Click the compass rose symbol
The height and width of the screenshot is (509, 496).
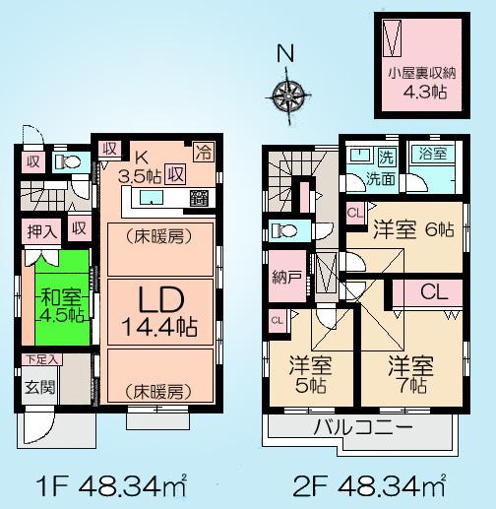pos(289,95)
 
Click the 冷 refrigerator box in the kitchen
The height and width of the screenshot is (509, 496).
pos(203,152)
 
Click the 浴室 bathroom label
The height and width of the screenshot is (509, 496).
pos(431,155)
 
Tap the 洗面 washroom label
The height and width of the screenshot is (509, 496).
pos(382,180)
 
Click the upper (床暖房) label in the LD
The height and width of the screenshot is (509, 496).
pos(157,236)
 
